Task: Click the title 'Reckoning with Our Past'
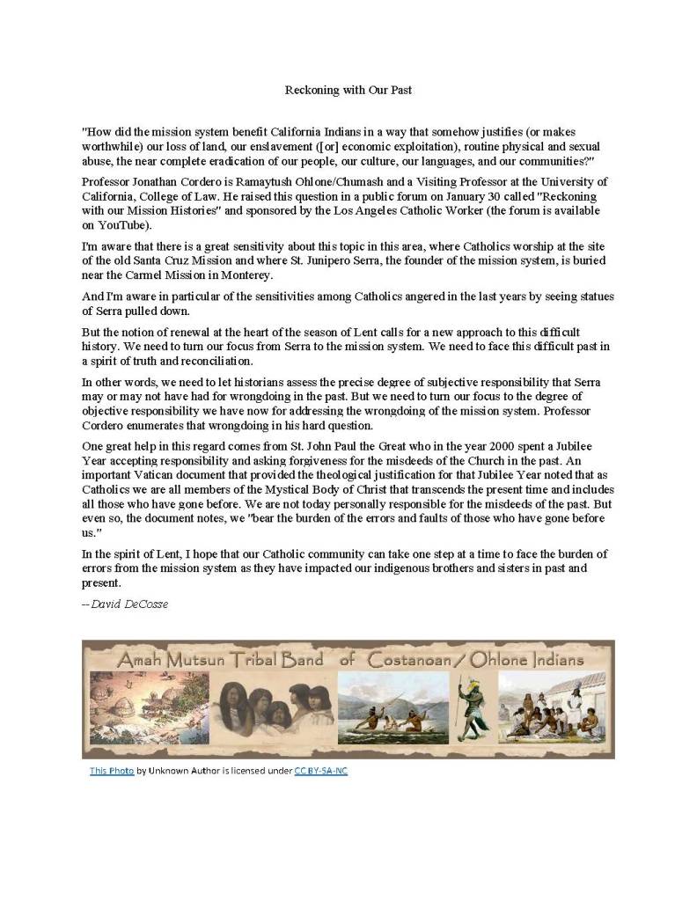click(x=348, y=90)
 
